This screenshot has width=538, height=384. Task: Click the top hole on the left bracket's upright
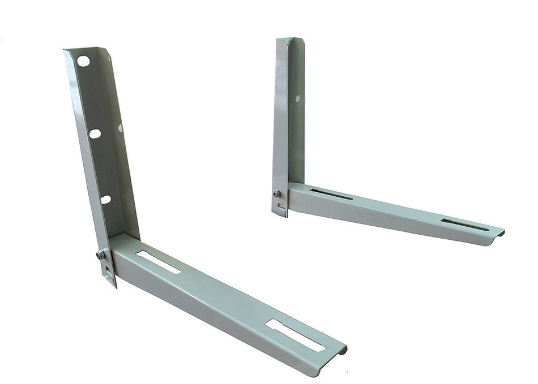[x=83, y=61]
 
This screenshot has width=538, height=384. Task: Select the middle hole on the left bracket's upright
[x=95, y=133]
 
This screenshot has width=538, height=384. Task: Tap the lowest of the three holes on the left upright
[x=106, y=199]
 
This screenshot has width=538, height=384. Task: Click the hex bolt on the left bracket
[x=101, y=254]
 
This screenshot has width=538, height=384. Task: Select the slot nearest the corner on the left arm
[x=159, y=262]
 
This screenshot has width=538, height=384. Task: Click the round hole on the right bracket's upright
[x=297, y=98]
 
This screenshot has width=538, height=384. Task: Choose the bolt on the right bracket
[x=277, y=194]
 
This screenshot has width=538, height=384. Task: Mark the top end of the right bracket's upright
[x=291, y=40]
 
